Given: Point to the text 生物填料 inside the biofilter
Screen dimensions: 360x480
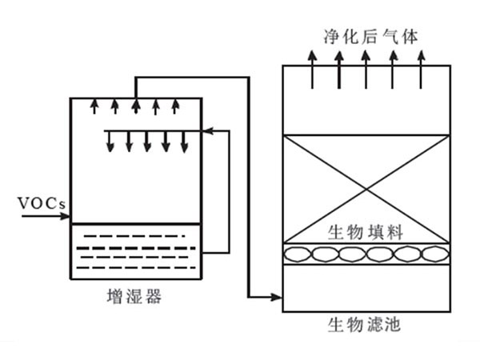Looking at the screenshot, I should [365, 232].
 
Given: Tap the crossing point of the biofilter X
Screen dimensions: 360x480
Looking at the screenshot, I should [366, 189].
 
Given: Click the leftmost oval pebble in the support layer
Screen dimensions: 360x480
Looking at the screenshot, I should [300, 254].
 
